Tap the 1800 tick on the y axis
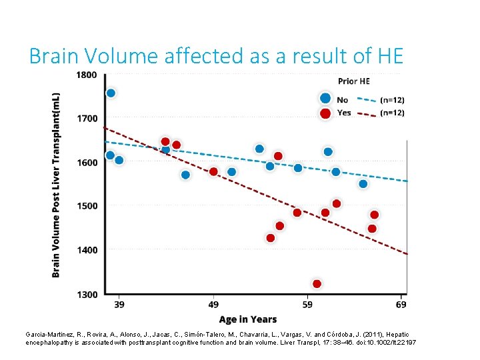coord(86,75)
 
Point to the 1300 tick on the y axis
coord(86,294)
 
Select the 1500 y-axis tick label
coord(86,206)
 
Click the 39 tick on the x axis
coord(119,305)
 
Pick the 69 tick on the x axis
coord(401,305)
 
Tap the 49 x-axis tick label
coord(213,305)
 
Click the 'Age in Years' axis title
coord(248,319)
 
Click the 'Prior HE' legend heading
coord(353,81)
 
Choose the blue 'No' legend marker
coord(325,99)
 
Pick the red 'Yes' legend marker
coord(325,113)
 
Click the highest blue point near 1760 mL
coord(111,93)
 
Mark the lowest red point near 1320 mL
coord(317,284)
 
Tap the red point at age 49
coord(213,171)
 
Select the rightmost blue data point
coord(363,184)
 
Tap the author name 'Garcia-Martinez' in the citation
coord(47,334)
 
